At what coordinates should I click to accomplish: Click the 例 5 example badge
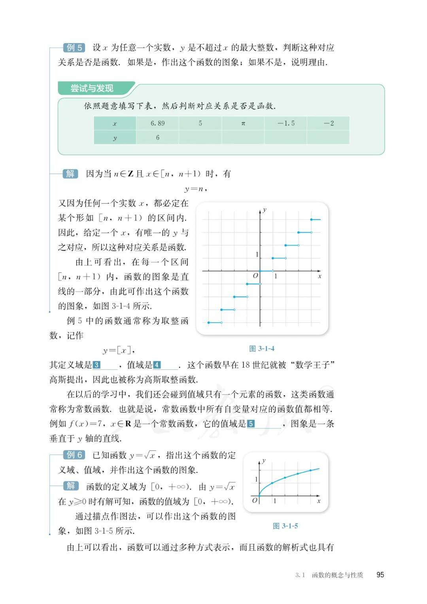coord(74,48)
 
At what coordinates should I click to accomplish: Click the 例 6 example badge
coord(74,455)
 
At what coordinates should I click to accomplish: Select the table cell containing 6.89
coord(157,123)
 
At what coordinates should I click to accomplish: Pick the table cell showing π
coord(243,123)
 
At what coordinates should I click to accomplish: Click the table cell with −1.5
coord(286,123)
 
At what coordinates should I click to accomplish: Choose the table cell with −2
coord(329,123)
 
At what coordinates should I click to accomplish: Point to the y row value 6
coord(157,138)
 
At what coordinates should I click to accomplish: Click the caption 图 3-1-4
coord(262,349)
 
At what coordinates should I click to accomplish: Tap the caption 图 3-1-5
coord(285,526)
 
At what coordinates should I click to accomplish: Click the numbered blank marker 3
coord(96,365)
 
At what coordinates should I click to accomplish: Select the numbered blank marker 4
coord(157,365)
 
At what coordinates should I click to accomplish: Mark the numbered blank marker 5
coord(251,424)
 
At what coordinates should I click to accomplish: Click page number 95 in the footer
coord(380,575)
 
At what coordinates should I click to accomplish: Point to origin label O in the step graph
coord(255,276)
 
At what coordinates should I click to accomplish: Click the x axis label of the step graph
coord(319,276)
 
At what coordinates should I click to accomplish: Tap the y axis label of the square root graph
coord(264,461)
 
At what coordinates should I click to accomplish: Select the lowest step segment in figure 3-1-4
coord(215,323)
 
